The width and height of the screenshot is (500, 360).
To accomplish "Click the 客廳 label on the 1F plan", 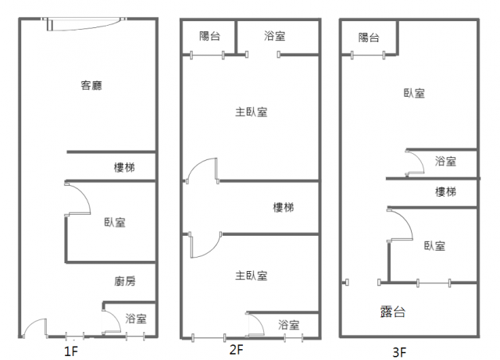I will point(92,86).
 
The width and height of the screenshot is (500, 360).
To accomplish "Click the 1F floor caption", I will point(71,351).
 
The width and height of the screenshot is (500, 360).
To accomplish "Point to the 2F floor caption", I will point(237,349).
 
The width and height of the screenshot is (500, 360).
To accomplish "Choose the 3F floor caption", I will point(399,352).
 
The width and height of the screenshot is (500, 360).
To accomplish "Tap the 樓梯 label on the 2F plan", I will point(284,207).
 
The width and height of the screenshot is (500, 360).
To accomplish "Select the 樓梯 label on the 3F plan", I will point(445,192).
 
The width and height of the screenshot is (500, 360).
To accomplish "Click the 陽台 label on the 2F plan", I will point(210,35).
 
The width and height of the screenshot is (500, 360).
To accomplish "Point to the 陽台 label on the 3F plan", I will point(369,37).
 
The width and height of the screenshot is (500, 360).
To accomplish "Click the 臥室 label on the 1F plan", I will point(114,223).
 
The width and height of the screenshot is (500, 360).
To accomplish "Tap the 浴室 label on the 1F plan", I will point(137,318).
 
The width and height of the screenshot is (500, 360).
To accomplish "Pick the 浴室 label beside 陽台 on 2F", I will point(274,35).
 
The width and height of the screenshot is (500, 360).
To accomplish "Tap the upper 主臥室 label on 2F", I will point(252,112).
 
